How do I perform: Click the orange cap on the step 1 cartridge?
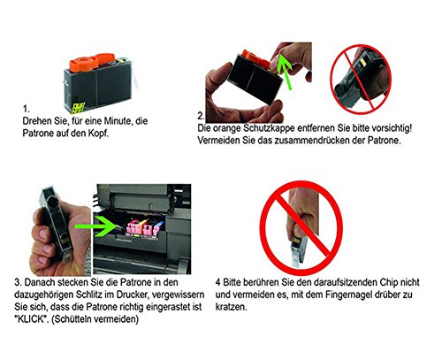91,61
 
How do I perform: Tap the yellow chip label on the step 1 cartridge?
78,108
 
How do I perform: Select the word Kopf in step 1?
98,134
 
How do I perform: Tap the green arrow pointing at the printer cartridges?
96,226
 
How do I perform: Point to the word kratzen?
231,307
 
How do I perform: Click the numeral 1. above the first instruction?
27,109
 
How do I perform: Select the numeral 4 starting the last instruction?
217,282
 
